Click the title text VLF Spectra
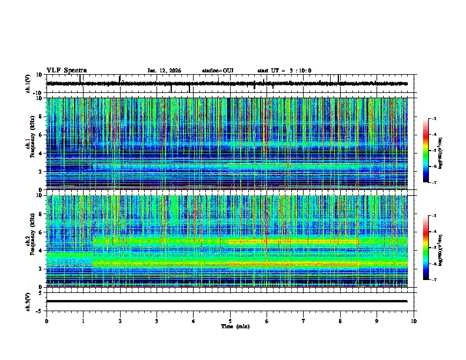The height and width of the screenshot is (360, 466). [66, 70]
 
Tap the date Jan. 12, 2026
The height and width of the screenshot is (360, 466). [164, 71]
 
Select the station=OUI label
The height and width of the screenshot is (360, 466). [218, 71]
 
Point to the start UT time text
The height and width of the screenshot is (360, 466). [284, 71]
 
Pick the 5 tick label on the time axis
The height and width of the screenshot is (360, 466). [230, 321]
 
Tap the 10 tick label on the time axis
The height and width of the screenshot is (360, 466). [414, 321]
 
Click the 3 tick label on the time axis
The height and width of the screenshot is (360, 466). [157, 321]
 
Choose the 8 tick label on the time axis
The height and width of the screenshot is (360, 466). [340, 321]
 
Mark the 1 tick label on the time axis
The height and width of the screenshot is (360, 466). [83, 321]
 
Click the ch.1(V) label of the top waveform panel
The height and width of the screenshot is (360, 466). [28, 84]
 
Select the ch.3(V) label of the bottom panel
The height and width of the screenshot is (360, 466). [28, 301]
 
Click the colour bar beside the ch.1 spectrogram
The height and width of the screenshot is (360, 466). [426, 151]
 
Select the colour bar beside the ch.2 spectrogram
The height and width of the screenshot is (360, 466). [426, 248]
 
